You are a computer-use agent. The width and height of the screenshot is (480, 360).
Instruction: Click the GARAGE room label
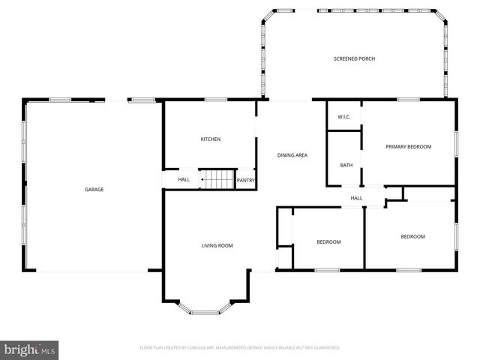tap(94, 189)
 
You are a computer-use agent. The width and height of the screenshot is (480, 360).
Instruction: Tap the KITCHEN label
tap(210, 139)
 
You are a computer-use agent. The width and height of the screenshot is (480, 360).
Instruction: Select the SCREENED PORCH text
tap(354, 58)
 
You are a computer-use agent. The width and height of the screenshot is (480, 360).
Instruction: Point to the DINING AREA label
tap(292, 155)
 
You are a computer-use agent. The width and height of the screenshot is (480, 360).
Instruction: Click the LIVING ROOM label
tap(217, 246)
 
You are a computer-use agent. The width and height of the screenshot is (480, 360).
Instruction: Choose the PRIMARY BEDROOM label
tap(409, 146)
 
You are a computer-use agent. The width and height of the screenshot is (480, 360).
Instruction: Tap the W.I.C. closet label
tap(344, 117)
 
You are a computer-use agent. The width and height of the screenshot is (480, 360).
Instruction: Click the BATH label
tap(346, 165)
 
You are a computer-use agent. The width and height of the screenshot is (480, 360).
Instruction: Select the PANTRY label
tap(246, 180)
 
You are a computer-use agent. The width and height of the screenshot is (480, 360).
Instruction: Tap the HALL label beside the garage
tap(184, 180)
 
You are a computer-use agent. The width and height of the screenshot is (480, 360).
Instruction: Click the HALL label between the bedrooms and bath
tap(356, 198)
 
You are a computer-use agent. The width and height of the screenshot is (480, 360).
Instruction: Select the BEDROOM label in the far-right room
tap(412, 237)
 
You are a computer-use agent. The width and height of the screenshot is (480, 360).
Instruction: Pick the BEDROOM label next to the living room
tap(328, 241)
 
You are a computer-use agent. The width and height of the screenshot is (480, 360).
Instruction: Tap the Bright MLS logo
tap(29, 349)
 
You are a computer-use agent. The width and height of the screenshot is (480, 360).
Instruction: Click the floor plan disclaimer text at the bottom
tap(240, 348)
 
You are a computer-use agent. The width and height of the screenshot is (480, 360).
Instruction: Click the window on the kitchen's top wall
tap(216, 100)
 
